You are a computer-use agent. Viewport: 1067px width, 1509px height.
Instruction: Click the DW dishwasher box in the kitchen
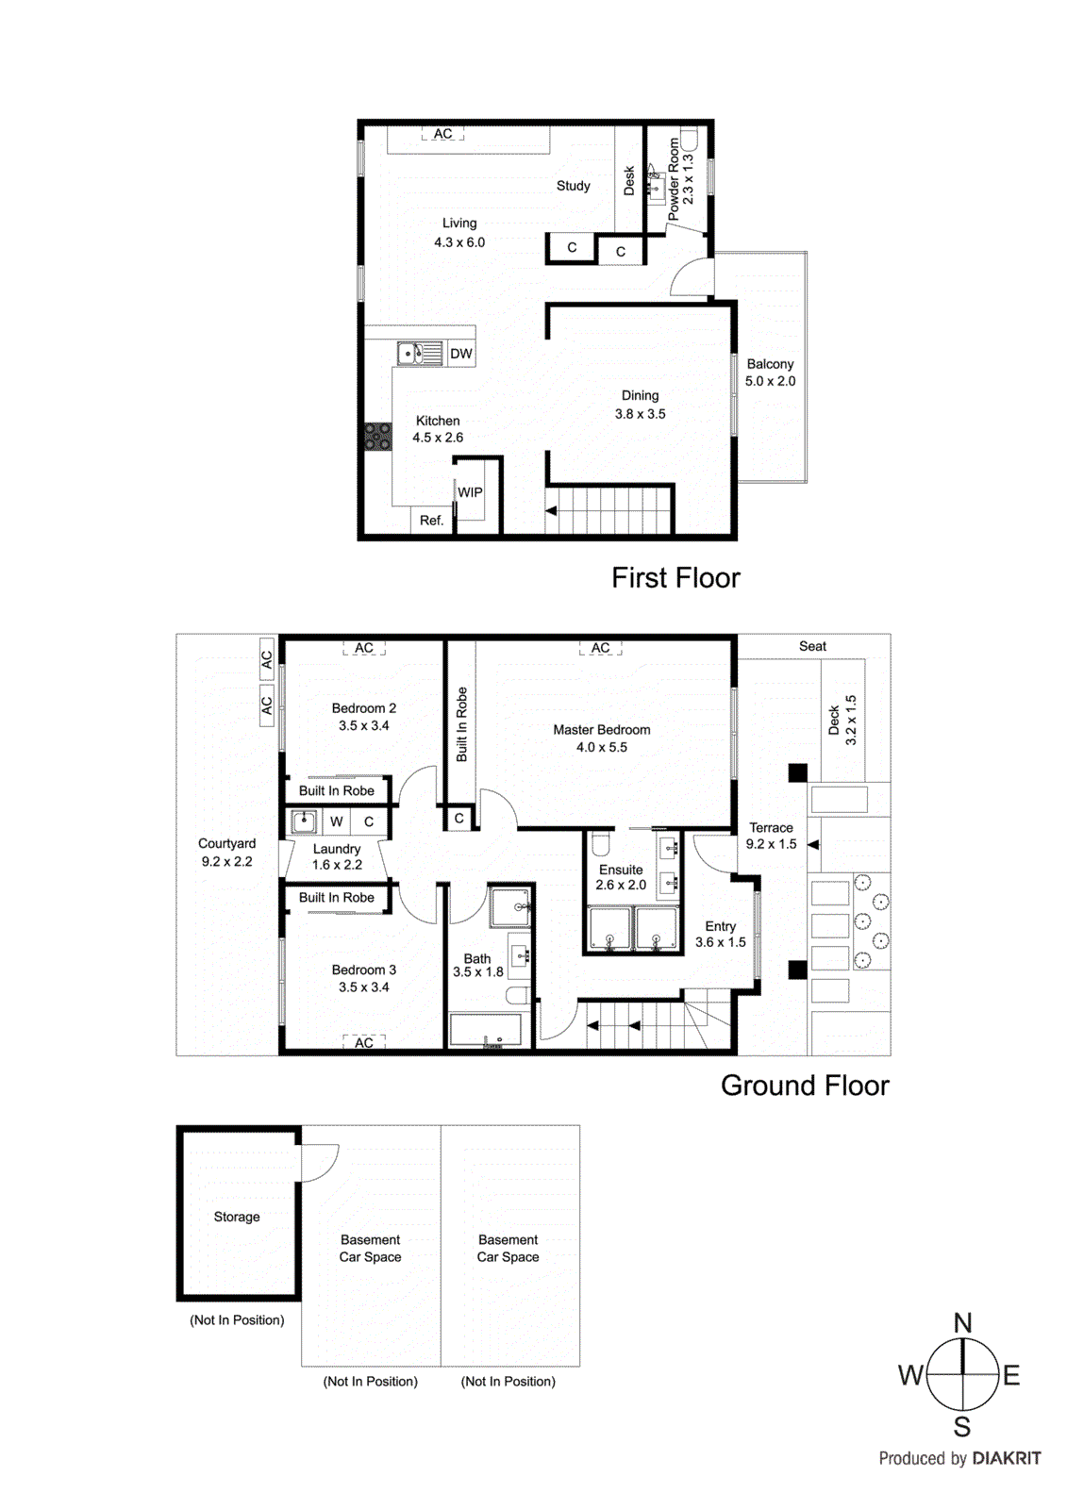pyautogui.click(x=461, y=354)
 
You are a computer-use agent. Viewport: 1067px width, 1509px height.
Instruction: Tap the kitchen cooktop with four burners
pyautogui.click(x=378, y=437)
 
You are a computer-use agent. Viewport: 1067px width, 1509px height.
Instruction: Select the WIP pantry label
pyautogui.click(x=470, y=492)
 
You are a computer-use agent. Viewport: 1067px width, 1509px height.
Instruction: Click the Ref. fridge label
pyautogui.click(x=431, y=520)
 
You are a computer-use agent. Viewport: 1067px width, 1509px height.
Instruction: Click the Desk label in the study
pyautogui.click(x=629, y=181)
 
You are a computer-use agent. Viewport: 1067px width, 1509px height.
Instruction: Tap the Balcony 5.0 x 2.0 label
pyautogui.click(x=770, y=373)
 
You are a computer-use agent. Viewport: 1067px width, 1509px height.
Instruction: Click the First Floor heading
pyautogui.click(x=675, y=577)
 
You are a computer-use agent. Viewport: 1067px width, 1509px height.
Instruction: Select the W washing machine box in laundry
pyautogui.click(x=336, y=821)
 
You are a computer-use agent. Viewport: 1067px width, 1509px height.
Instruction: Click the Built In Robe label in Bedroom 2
pyautogui.click(x=337, y=790)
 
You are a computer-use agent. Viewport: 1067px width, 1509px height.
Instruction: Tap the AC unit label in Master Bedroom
pyautogui.click(x=601, y=648)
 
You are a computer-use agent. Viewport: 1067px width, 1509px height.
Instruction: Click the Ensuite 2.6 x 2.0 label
pyautogui.click(x=621, y=877)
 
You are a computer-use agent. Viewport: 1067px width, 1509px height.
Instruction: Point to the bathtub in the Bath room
pyautogui.click(x=485, y=1030)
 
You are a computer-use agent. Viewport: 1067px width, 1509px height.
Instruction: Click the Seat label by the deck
pyautogui.click(x=812, y=646)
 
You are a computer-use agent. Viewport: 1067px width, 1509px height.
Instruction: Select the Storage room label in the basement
pyautogui.click(x=237, y=1217)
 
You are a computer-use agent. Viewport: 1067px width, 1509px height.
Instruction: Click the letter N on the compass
pyautogui.click(x=962, y=1322)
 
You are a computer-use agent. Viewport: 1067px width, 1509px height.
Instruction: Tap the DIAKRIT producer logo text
pyautogui.click(x=1006, y=1458)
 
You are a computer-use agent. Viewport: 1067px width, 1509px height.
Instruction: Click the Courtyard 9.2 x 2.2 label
pyautogui.click(x=226, y=852)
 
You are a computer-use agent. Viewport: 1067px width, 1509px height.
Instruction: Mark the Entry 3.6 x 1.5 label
pyautogui.click(x=720, y=934)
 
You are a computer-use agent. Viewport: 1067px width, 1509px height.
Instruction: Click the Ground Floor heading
pyautogui.click(x=804, y=1086)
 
